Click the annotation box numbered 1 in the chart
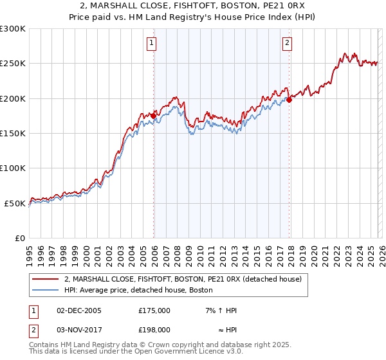151,44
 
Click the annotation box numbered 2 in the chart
287,44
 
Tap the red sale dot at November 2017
289,100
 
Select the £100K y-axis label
14,168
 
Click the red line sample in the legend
46,279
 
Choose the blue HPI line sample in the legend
46,290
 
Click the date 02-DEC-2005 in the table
79,310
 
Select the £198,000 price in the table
154,329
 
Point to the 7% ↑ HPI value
221,310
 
